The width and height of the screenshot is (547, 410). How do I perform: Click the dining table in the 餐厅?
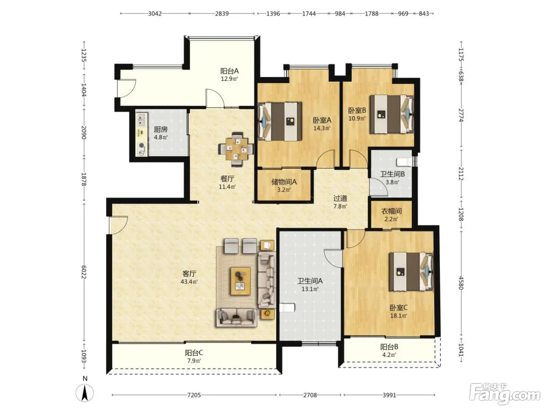(236, 149)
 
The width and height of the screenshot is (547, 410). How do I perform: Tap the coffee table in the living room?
(240, 281)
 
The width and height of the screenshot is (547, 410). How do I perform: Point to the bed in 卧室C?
(411, 272)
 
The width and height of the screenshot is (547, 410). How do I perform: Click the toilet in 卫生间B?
(404, 162)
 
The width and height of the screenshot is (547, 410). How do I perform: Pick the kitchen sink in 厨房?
(141, 120)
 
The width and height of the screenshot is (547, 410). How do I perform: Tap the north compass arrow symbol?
(85, 393)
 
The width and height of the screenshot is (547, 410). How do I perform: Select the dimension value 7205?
(194, 395)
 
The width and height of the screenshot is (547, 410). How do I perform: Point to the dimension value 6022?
(84, 272)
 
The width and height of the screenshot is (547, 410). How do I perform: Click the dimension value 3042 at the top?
(155, 13)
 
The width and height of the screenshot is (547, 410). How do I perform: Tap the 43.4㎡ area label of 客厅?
(189, 282)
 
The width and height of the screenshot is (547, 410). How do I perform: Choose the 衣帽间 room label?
(391, 211)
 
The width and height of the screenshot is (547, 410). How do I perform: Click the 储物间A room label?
(284, 182)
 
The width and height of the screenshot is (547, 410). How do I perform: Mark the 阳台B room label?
(389, 346)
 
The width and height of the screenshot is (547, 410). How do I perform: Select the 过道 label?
(340, 198)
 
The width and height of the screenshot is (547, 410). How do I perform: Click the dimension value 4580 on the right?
(461, 283)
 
